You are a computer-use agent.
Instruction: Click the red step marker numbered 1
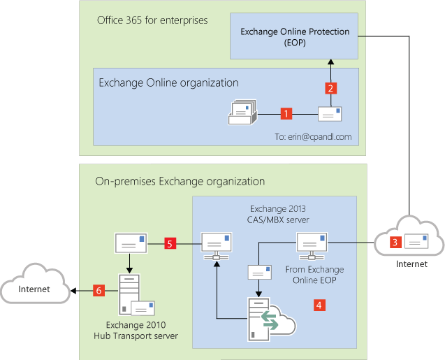(x=285, y=113)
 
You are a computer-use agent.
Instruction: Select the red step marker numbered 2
(x=332, y=88)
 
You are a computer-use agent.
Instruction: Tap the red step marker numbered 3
(x=395, y=243)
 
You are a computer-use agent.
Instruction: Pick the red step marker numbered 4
(x=319, y=305)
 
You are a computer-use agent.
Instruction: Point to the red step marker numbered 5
(x=169, y=243)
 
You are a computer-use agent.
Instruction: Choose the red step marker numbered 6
(x=99, y=290)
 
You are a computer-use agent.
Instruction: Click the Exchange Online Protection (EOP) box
(x=295, y=36)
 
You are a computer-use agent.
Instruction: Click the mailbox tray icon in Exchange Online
(x=243, y=112)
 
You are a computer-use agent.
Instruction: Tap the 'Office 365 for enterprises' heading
(x=152, y=20)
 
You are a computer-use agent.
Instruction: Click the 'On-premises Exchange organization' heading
(x=180, y=181)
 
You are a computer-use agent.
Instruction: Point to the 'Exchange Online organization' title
(x=168, y=82)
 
